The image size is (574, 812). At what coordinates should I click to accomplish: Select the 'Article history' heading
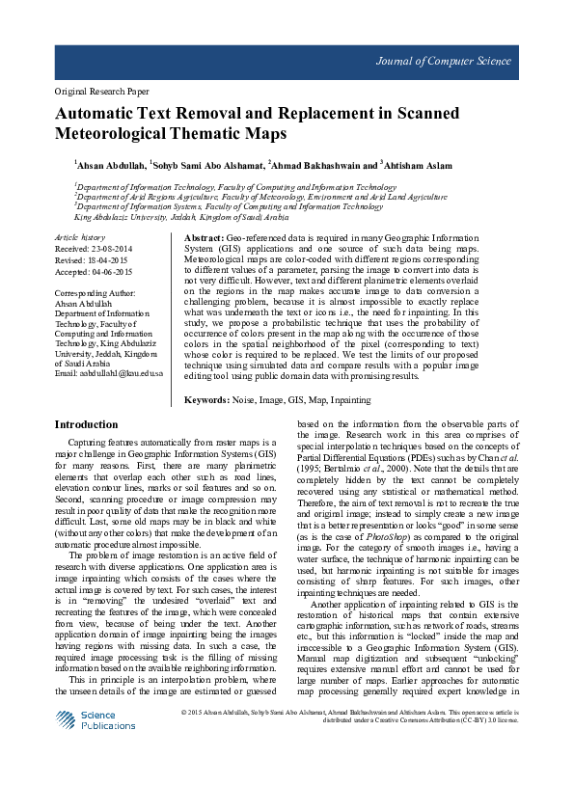tap(80, 236)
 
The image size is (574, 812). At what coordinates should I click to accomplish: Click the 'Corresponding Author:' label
tap(95, 292)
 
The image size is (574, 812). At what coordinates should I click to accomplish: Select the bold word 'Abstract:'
tap(203, 237)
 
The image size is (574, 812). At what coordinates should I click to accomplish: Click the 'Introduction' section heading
tap(86, 424)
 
